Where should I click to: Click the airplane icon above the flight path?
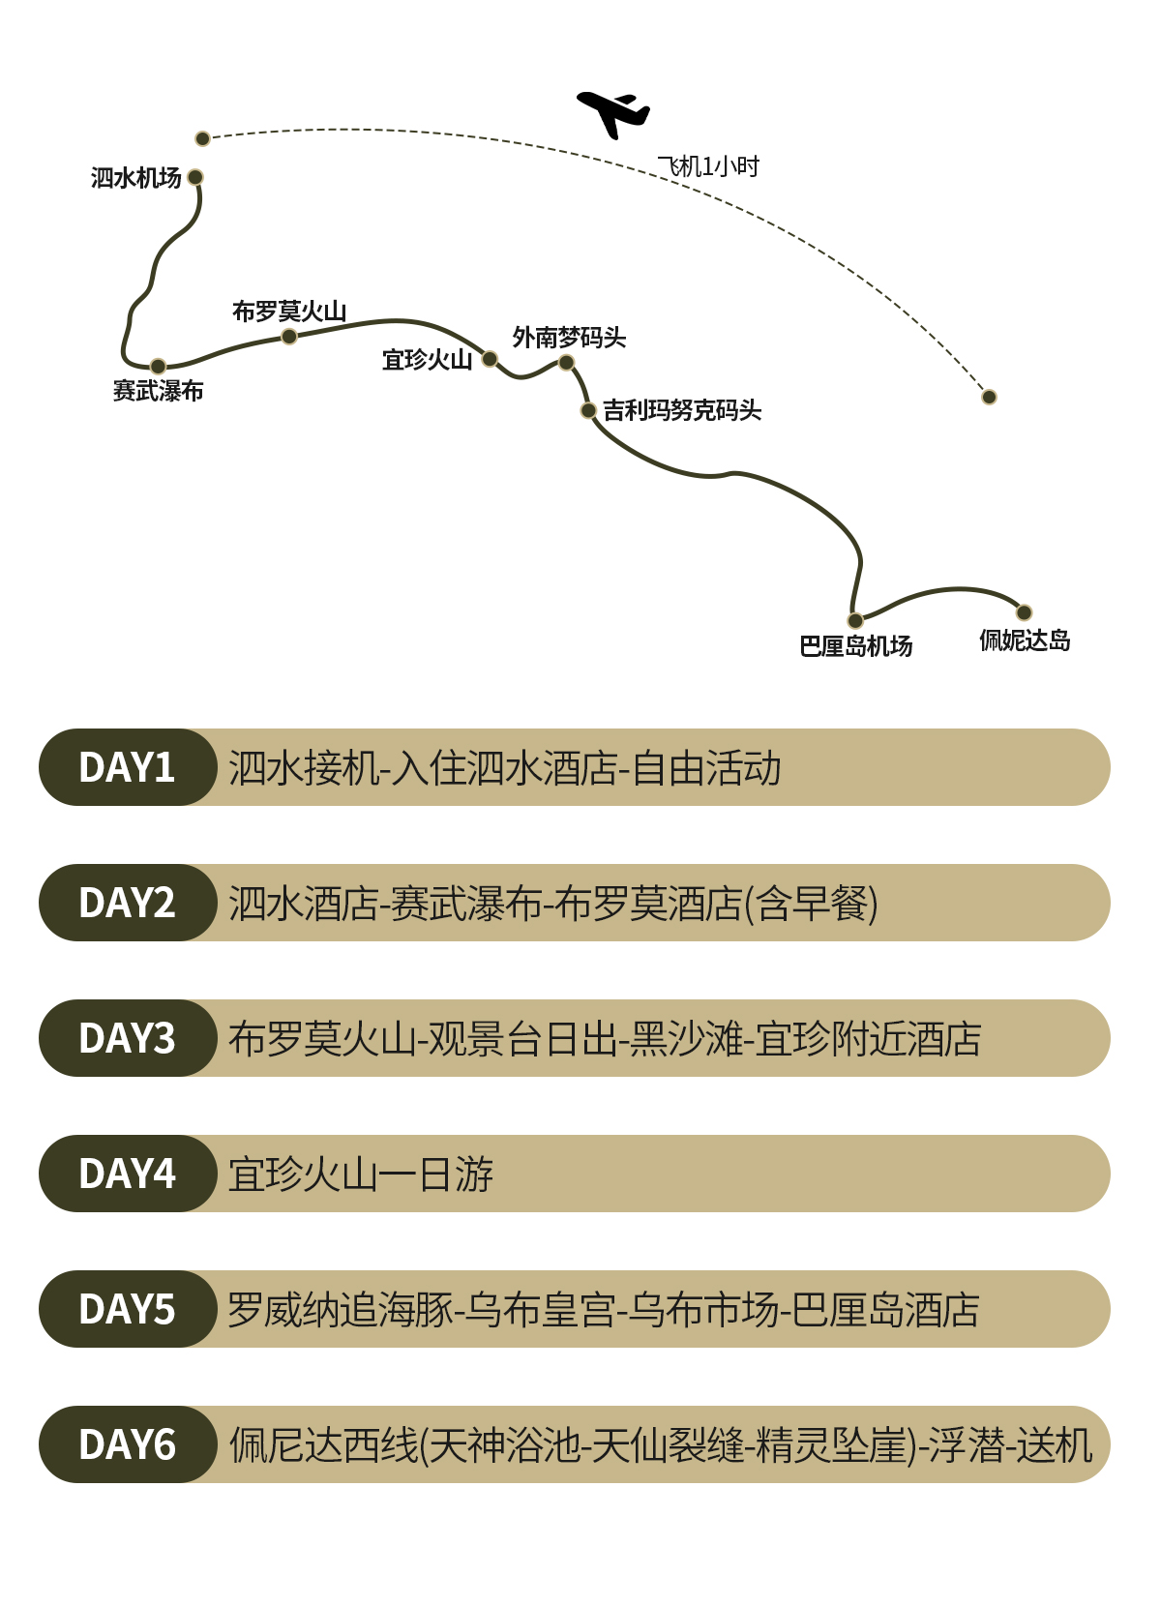point(612,113)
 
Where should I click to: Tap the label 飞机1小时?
point(708,166)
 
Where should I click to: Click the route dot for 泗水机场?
point(195,177)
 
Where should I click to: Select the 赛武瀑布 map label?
point(158,391)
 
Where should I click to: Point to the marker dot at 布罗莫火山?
point(288,337)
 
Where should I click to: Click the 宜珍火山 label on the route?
point(427,360)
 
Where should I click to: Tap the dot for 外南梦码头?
point(566,363)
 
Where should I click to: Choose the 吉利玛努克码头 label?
point(682,410)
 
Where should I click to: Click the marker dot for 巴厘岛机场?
point(855,620)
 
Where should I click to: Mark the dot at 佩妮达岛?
point(1024,612)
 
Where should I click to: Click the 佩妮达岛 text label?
point(1025,640)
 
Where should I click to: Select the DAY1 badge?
point(127,767)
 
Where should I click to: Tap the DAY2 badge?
point(127,903)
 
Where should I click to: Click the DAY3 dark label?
point(127,1038)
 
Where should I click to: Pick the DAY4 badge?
point(127,1174)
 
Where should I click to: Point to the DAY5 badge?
point(127,1309)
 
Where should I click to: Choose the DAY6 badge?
point(127,1444)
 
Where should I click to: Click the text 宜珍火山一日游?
point(361,1175)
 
